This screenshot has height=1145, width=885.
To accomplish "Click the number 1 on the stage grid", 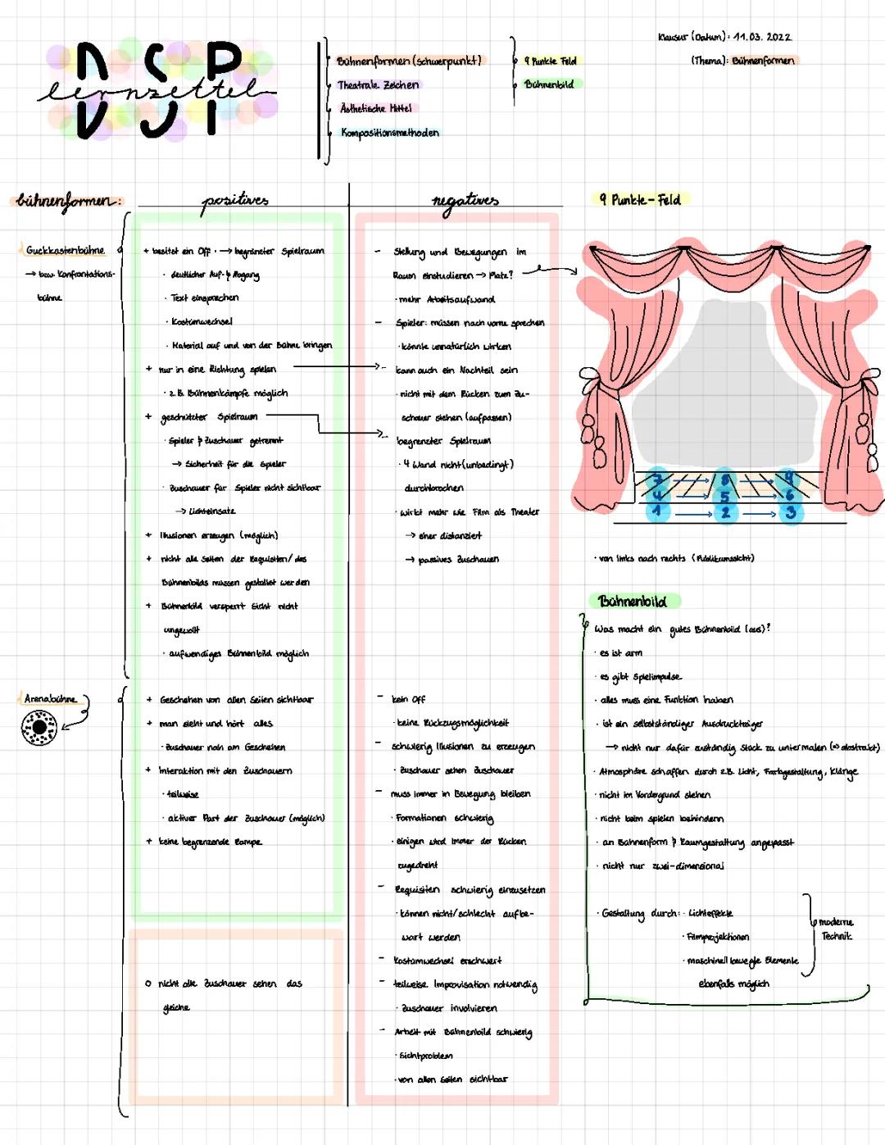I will (x=656, y=512).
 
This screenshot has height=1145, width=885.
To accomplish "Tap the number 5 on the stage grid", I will (x=724, y=496).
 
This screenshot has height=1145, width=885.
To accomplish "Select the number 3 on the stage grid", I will (x=791, y=512).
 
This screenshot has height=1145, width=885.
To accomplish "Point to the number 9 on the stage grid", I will (x=788, y=478).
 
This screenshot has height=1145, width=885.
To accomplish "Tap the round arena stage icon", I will (x=39, y=727).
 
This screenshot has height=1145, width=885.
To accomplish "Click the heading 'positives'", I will (x=235, y=200).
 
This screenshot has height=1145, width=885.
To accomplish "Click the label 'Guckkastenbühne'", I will (x=65, y=250).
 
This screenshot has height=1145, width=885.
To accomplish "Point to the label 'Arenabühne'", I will (x=50, y=699).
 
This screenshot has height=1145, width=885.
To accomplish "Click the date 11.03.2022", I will (x=762, y=37).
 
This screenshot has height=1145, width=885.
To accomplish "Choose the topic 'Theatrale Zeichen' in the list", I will (x=378, y=84).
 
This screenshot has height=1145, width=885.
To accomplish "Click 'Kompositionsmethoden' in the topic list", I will (x=390, y=133).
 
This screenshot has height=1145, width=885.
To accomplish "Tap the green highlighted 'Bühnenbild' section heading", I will (x=633, y=602).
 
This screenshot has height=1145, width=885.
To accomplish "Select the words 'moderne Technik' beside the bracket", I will (x=836, y=929).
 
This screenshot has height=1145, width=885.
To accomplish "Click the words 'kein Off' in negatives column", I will (x=408, y=699).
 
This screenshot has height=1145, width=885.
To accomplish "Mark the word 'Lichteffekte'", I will (x=710, y=913).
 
